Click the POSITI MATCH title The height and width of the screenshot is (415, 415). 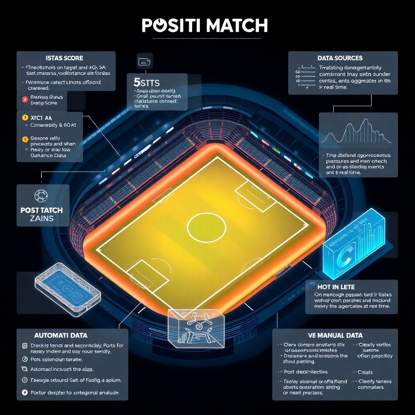click(205, 26)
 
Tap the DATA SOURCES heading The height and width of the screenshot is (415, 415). click(340, 58)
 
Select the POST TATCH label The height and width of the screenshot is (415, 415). click(41, 210)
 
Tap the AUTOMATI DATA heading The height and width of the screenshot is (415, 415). click(61, 336)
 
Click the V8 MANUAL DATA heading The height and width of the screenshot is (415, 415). click(335, 336)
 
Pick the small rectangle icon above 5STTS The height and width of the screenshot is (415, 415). click(145, 62)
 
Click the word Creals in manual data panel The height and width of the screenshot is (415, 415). click(365, 372)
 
